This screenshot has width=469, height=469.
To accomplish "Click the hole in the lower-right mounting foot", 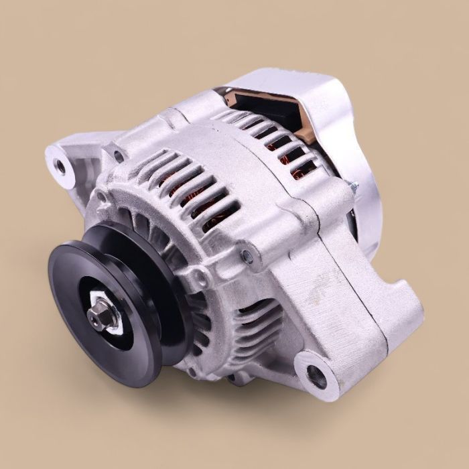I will coord(315,375).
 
